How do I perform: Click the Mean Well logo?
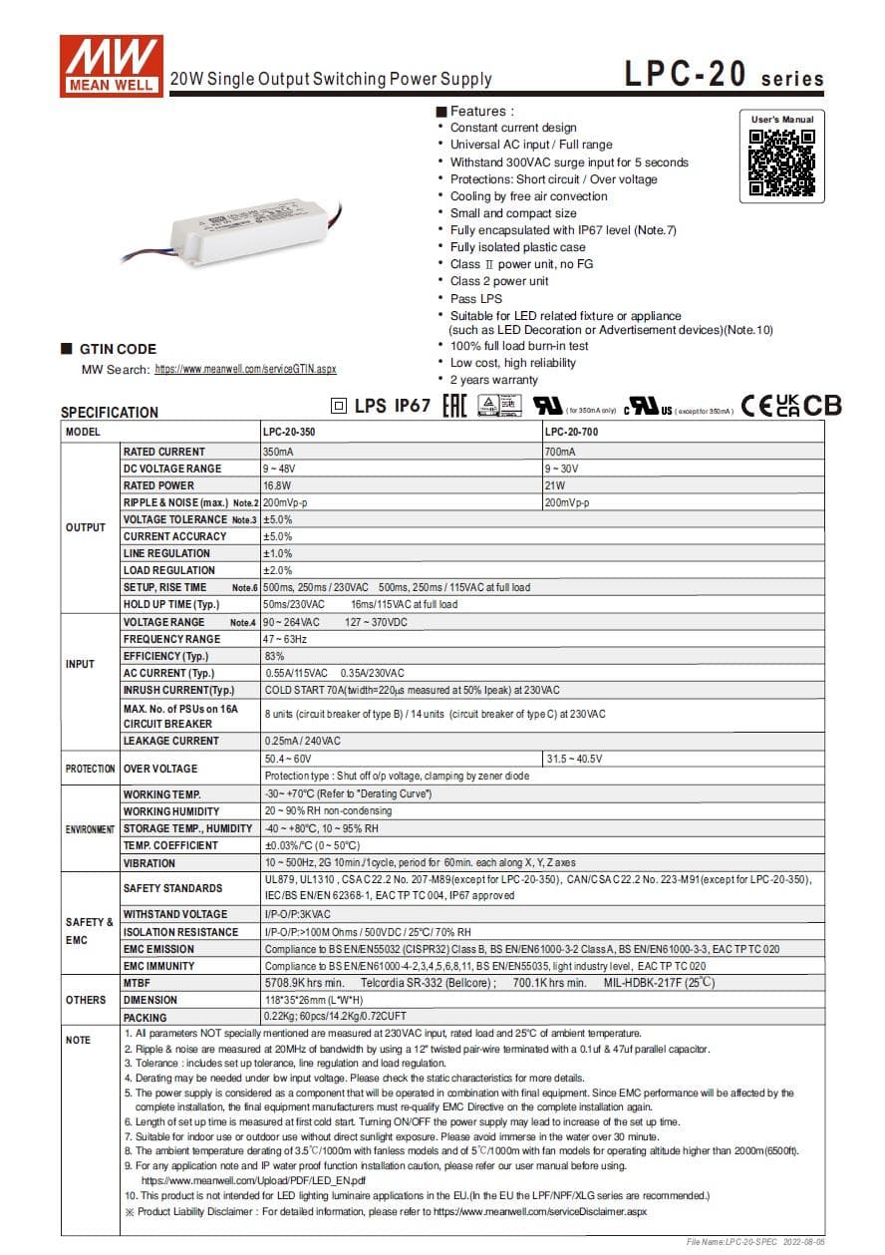pos(111,65)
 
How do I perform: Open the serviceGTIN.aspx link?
pos(245,369)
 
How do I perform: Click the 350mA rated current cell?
pos(278,452)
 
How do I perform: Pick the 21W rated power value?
pos(554,485)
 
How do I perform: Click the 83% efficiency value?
pos(274,656)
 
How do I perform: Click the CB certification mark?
pos(822,406)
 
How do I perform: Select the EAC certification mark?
pos(453,406)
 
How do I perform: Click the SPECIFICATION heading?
pos(110,413)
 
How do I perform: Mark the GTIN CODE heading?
pos(118,349)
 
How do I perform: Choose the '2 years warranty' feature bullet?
pos(493,380)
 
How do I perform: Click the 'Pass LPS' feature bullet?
pos(476,298)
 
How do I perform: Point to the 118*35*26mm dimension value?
pos(299,1000)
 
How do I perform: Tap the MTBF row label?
pos(137,983)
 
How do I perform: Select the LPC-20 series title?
pos(724,76)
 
